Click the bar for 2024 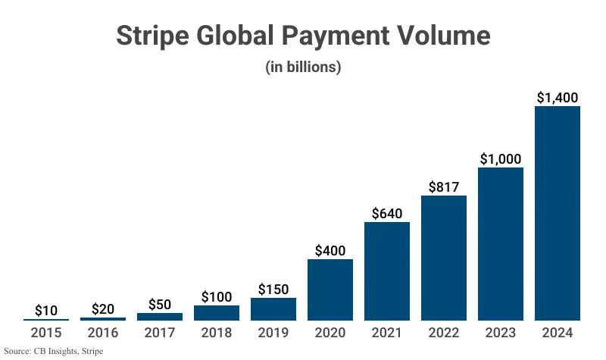[558, 213]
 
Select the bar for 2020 [330, 290]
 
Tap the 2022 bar [444, 258]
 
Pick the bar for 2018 [217, 312]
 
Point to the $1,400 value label [558, 97]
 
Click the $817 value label [444, 186]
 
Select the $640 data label [387, 213]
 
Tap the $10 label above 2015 [46, 310]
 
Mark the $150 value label [273, 289]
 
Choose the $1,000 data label [501, 158]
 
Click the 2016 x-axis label [103, 333]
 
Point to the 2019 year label [273, 333]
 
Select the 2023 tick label [501, 333]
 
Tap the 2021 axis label [387, 333]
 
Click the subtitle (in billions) [303, 67]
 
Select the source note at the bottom [53, 352]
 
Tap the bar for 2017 [160, 316]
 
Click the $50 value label [160, 304]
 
